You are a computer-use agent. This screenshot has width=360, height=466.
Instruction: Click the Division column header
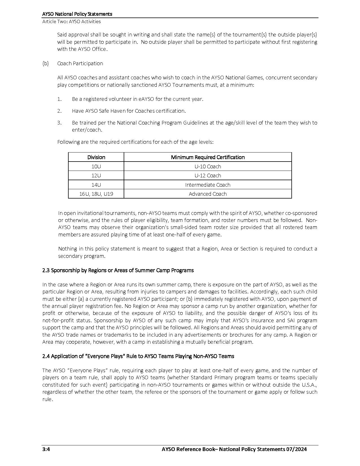96,157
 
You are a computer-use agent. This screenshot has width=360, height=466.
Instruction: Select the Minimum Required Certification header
208,157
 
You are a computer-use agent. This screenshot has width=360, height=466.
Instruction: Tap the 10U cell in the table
96,167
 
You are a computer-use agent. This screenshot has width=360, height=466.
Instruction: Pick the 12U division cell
96,176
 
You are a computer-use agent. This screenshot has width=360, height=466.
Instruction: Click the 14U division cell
96,185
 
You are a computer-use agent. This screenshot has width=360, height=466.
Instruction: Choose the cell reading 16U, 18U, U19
96,194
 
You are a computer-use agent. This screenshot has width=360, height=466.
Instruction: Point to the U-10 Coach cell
208,167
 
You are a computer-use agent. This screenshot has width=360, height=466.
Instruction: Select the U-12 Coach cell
208,176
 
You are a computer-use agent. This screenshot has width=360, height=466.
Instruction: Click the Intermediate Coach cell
208,185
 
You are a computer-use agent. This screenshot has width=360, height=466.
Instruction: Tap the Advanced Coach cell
208,194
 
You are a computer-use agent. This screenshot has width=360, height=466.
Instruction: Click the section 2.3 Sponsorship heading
118,270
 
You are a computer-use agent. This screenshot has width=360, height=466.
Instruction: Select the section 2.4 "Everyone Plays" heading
138,356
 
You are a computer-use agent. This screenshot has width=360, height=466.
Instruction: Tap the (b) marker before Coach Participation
45,64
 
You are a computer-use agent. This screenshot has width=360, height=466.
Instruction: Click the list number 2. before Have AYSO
59,111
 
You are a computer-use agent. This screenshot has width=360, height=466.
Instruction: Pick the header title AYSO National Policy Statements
77,14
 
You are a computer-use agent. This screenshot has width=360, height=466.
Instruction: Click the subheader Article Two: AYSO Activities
71,21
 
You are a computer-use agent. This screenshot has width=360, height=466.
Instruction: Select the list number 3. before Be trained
59,123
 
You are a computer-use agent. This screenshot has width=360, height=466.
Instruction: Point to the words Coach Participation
80,64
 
